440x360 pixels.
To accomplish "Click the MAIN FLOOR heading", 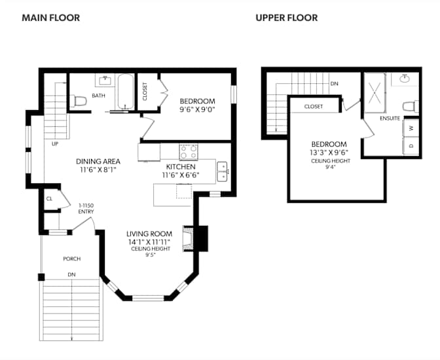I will pos(50,18).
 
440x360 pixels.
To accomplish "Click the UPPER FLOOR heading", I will pos(286,18).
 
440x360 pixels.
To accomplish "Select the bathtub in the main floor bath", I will pos(124,92).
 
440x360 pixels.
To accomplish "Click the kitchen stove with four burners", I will pos(189,152).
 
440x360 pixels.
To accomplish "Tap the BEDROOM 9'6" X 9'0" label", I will pos(197,105).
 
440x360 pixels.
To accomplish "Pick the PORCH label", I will pos(71,259).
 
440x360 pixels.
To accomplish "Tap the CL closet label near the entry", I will pos(49,198).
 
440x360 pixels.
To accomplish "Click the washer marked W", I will pos(411,128).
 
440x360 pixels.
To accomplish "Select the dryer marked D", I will pos(411,145).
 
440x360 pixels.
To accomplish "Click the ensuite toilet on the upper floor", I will pos(409,106).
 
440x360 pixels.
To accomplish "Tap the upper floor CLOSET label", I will pos(313,106).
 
